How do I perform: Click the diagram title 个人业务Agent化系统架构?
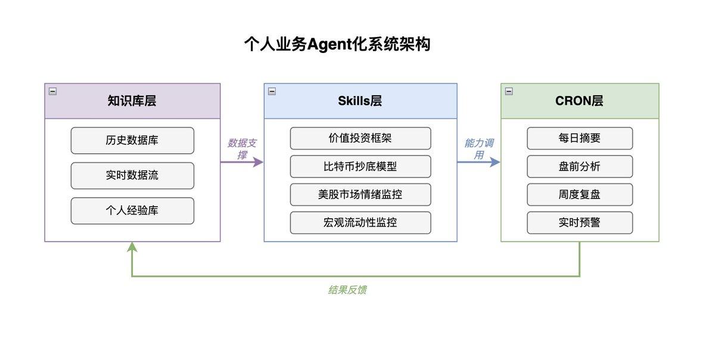(337, 45)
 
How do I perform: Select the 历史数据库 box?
(132, 141)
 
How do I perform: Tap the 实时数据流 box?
(132, 176)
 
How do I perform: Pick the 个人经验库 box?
(132, 211)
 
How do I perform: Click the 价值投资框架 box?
(360, 138)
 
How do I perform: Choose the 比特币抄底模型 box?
(360, 166)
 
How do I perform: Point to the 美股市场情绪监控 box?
(360, 194)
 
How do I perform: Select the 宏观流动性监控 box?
(360, 223)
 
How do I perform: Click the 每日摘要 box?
(580, 138)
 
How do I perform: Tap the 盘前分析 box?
(580, 166)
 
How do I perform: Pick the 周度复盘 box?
(580, 194)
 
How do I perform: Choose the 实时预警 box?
(580, 223)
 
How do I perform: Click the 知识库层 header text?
(132, 101)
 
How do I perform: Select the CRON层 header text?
(579, 101)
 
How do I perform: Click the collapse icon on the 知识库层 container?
(52, 91)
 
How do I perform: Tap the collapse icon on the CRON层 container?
(509, 91)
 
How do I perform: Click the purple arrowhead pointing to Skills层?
(258, 162)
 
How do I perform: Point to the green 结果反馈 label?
(347, 290)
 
